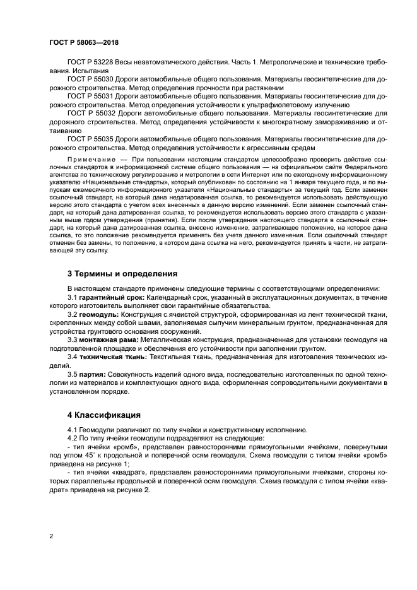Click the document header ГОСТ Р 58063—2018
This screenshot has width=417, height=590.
pos(84,42)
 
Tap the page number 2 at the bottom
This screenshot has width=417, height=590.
pos(52,536)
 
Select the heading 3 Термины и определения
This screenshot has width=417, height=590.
pos(122,274)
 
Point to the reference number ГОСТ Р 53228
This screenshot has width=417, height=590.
pos(89,64)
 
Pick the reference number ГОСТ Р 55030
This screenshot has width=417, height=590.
pos(89,80)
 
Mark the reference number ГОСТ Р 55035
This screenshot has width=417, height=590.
pos(89,137)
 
